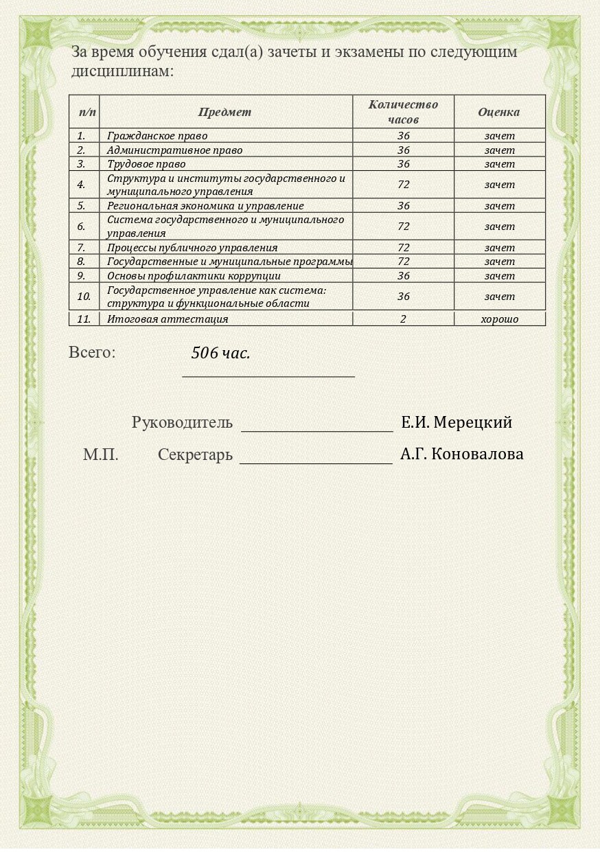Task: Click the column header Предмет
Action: click(x=224, y=112)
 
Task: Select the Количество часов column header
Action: click(x=403, y=112)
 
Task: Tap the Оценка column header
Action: click(x=499, y=112)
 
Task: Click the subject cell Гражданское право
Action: click(x=157, y=136)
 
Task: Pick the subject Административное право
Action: click(x=174, y=150)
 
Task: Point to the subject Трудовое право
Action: click(x=146, y=164)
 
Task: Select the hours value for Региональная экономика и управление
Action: click(x=403, y=206)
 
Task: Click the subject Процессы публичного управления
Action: click(x=192, y=248)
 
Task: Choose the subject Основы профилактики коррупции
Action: click(x=194, y=276)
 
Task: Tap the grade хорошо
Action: click(x=499, y=319)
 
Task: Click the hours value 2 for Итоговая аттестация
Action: click(x=403, y=319)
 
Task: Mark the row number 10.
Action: click(x=84, y=297)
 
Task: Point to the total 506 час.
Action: click(x=220, y=354)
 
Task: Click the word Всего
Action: click(x=92, y=353)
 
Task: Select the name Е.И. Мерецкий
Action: click(x=457, y=422)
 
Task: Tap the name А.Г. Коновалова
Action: click(x=461, y=454)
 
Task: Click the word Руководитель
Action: click(x=182, y=423)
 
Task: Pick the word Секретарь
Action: click(x=195, y=454)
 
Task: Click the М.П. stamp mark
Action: click(x=101, y=454)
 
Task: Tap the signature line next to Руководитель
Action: click(x=316, y=429)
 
